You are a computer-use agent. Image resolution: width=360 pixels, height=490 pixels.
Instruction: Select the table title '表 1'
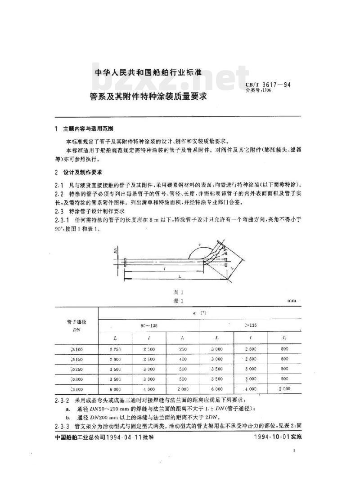(180, 300)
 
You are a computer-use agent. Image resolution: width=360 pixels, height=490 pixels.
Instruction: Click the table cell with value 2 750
(116, 350)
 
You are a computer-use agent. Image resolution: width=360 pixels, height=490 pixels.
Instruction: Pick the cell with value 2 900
(116, 359)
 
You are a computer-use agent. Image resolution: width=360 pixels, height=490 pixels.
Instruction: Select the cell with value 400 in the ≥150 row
(183, 359)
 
